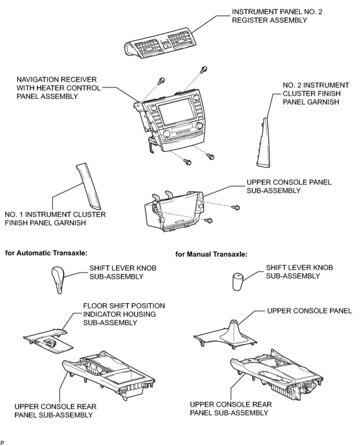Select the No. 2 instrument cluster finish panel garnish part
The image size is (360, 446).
tap(265, 143)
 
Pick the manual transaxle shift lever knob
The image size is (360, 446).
tap(237, 281)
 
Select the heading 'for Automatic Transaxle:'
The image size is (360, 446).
tap(46, 253)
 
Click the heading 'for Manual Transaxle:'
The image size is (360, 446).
tap(212, 255)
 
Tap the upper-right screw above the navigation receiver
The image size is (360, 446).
tap(204, 69)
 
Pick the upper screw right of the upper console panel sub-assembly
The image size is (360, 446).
tap(237, 207)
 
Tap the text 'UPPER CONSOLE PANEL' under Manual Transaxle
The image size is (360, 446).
tap(309, 311)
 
